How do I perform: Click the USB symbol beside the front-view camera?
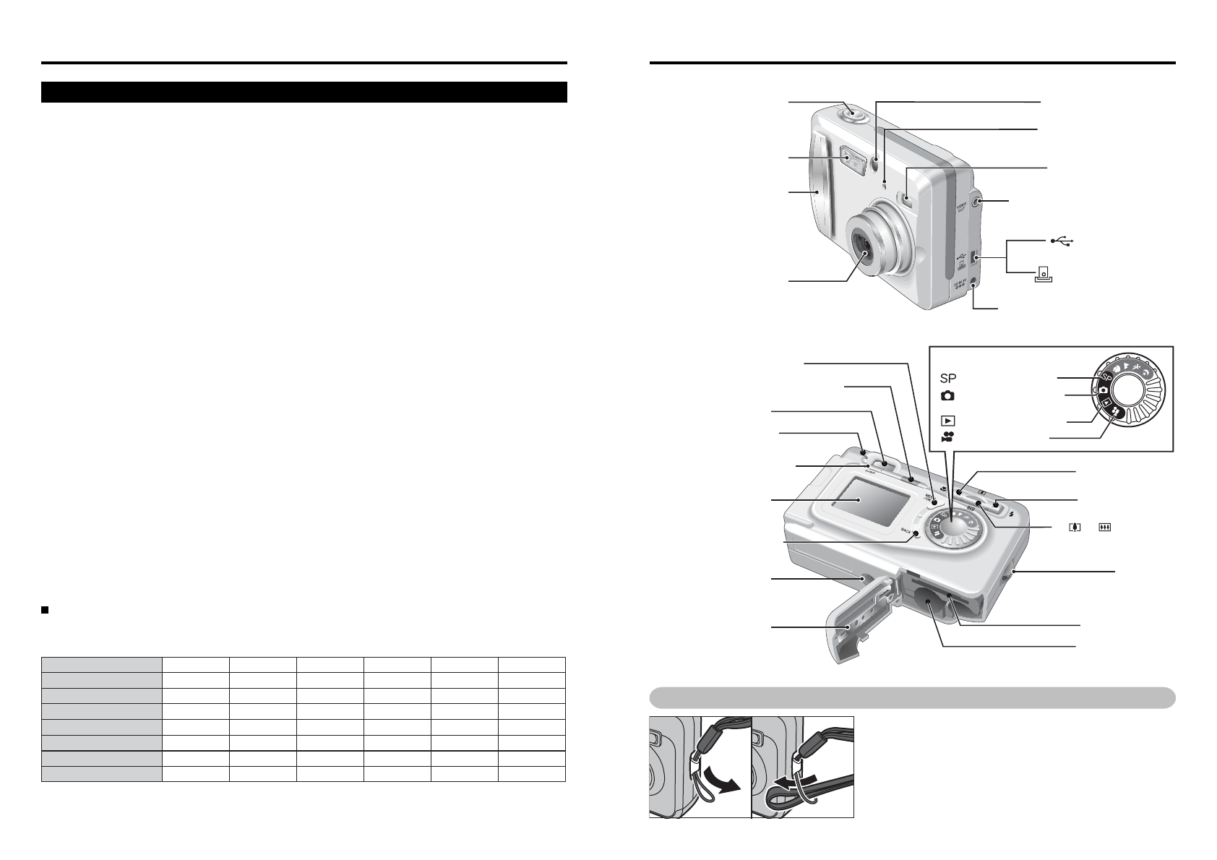[1064, 239]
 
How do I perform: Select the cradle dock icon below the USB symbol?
[1043, 275]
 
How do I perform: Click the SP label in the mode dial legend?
[948, 377]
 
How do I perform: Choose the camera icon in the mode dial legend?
[947, 396]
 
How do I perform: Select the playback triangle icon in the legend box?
[947, 420]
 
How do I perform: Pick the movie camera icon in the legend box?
[947, 437]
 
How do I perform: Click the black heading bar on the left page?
[304, 92]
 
